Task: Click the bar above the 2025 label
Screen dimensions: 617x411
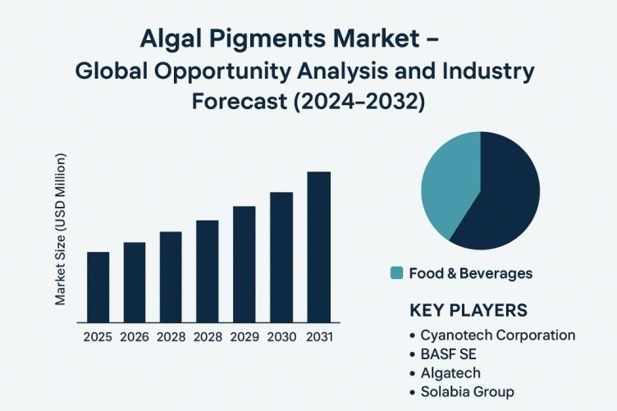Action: [98, 287]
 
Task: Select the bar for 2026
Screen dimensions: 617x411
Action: [135, 282]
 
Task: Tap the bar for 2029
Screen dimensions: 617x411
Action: [245, 264]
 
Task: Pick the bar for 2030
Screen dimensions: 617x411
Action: [281, 258]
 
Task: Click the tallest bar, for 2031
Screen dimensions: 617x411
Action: [318, 248]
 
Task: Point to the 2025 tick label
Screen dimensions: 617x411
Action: [98, 337]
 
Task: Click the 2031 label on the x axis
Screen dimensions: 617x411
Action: [319, 337]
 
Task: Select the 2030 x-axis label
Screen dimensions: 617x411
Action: [281, 337]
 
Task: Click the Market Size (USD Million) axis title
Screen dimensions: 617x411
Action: [60, 230]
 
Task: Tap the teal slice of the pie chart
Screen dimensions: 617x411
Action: [449, 185]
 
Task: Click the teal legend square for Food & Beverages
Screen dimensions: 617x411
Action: [396, 273]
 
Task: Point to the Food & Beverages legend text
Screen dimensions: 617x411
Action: [471, 273]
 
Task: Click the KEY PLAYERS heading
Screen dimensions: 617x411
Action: [468, 310]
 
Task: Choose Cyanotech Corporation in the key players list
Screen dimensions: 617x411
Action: [498, 335]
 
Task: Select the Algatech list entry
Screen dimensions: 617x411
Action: [450, 372]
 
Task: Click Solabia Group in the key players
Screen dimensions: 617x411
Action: [468, 392]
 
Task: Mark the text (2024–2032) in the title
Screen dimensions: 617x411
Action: [359, 102]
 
